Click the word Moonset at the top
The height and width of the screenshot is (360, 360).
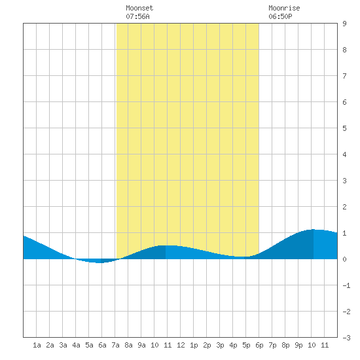(139, 8)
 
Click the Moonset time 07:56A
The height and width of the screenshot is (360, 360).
(137, 16)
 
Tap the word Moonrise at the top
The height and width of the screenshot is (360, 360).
(284, 8)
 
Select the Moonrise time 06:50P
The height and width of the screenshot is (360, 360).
(280, 16)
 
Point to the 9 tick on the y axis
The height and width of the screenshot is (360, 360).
(344, 24)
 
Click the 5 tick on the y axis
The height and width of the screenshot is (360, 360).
(344, 128)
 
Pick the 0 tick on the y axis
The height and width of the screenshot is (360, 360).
(344, 259)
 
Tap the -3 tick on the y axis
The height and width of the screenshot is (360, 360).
(346, 338)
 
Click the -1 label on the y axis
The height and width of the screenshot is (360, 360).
(346, 285)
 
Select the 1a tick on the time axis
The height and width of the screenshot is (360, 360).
(37, 345)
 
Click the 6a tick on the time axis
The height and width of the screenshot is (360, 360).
(102, 345)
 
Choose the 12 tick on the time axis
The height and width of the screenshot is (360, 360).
(181, 345)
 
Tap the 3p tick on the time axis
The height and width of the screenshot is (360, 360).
(220, 345)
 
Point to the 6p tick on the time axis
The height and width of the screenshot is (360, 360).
(259, 345)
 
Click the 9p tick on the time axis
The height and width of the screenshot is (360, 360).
(298, 345)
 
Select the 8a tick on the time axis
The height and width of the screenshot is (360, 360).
(128, 345)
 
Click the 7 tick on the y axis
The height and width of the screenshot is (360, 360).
(344, 76)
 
